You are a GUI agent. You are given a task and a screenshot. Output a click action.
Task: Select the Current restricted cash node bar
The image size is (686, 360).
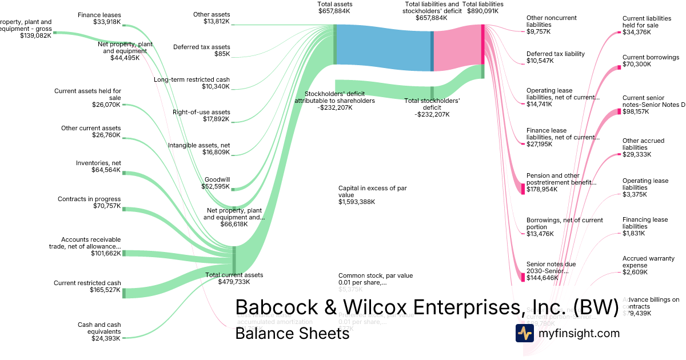click(x=123, y=293)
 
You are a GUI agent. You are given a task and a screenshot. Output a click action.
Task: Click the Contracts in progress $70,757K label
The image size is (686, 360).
click(x=89, y=202)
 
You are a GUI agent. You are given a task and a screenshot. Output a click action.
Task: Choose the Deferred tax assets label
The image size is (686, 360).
click(x=201, y=50)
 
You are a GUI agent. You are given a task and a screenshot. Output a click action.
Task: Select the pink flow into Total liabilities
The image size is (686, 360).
click(x=457, y=49)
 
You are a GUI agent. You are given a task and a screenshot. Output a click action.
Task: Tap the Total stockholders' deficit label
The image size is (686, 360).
click(x=432, y=107)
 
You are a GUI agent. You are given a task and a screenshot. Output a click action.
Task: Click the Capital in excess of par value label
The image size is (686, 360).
click(x=372, y=194)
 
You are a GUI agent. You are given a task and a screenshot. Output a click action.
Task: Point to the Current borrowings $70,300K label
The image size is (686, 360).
click(x=651, y=61)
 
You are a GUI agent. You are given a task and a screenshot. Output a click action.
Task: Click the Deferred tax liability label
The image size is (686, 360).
click(x=555, y=57)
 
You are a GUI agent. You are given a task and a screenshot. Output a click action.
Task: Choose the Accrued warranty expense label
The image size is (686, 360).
click(x=648, y=265)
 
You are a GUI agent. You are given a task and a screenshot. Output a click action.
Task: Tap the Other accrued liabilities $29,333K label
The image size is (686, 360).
click(x=645, y=147)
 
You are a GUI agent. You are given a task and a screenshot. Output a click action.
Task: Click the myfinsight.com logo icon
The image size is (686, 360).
click(x=524, y=333)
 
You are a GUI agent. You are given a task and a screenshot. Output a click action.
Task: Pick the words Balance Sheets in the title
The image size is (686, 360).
click(x=292, y=333)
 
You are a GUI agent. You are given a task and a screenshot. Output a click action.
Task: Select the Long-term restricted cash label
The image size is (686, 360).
click(x=192, y=83)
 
